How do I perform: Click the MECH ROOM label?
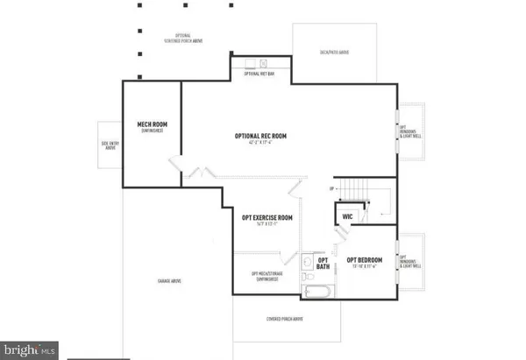(153, 126)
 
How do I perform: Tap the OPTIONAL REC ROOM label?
(261, 137)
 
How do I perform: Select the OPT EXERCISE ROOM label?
(267, 217)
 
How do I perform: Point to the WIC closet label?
(347, 215)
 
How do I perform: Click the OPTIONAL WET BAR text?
(260, 75)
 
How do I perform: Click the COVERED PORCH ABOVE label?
(285, 319)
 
